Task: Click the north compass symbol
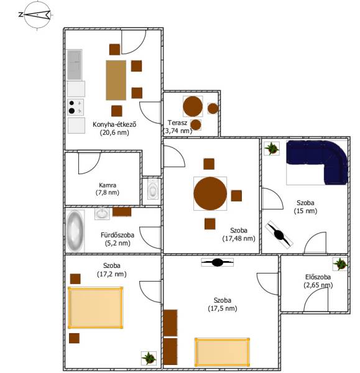point(37,15)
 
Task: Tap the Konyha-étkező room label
point(114,124)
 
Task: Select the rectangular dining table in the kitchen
point(116,80)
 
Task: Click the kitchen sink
point(74,65)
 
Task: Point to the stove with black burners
point(75,107)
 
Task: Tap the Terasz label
point(177,122)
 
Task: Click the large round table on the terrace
point(193,106)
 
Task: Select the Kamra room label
point(108,185)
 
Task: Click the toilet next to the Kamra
point(152,189)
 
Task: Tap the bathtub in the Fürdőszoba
point(75,231)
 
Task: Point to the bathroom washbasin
point(103,213)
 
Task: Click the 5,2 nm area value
point(118,243)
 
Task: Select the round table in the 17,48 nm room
point(210,193)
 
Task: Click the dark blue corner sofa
point(317,162)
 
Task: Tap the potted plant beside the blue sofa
point(272,149)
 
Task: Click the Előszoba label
point(318,277)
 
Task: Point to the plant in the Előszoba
point(340,264)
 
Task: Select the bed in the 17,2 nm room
point(95,308)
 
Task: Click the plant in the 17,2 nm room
point(149,358)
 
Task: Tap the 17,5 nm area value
point(223,308)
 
